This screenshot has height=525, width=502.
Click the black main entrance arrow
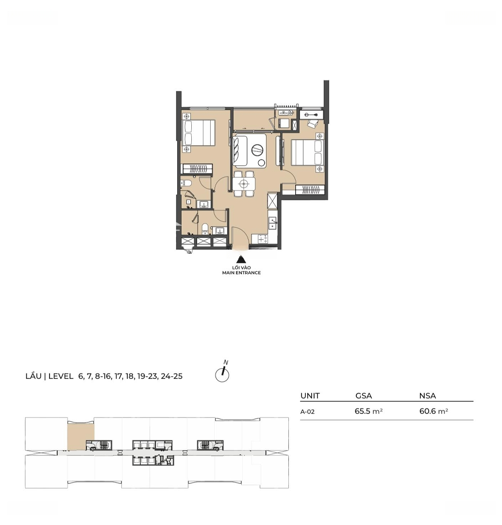[x=241, y=260]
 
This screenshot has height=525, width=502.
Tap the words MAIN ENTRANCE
[x=241, y=273]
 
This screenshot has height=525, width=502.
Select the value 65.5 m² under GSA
[x=368, y=411]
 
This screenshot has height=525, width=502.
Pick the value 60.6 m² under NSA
[x=434, y=411]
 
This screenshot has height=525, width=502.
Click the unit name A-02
[x=307, y=412]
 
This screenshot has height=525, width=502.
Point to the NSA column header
[x=427, y=396]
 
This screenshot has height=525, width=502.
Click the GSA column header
[x=364, y=396]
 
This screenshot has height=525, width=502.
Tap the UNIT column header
[x=310, y=396]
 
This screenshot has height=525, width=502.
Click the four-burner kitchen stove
[x=262, y=239]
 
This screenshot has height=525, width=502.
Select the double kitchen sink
[x=273, y=223]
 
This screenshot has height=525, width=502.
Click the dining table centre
[x=244, y=184]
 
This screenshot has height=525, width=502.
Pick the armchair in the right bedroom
[x=312, y=124]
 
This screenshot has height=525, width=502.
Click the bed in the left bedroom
[x=199, y=133]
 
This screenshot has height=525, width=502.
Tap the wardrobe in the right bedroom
[x=310, y=190]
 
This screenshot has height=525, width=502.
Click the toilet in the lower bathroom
[x=205, y=229]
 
